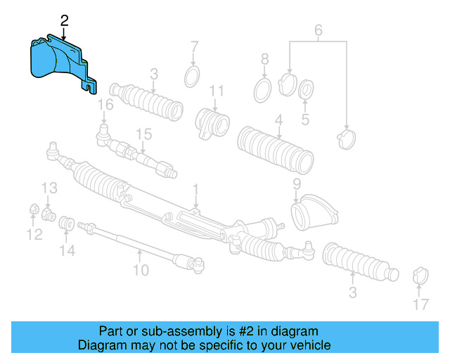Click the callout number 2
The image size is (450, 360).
64,20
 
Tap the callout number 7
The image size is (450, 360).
195,48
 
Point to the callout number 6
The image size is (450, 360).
318,30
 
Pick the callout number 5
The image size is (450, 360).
305,120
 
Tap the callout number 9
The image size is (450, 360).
297,184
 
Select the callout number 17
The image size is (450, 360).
420,304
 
